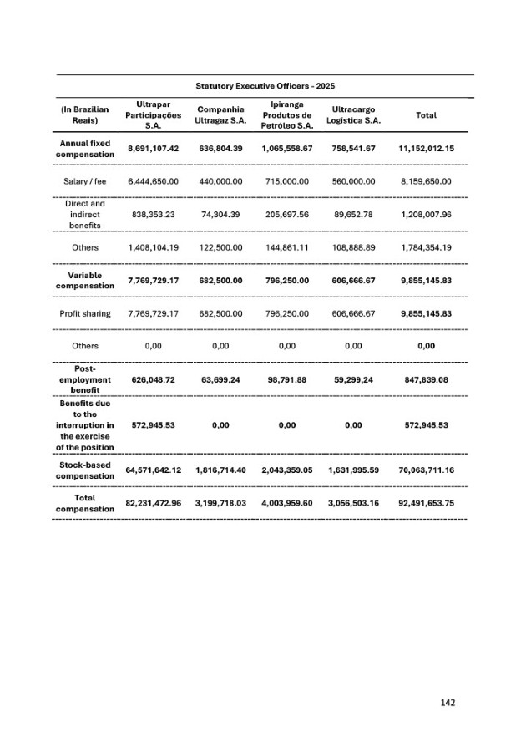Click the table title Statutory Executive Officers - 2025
(265, 86)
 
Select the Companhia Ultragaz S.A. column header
(220, 115)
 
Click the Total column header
(426, 115)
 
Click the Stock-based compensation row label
(83, 470)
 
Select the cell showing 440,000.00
(220, 181)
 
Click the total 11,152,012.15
(426, 149)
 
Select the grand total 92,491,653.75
(426, 503)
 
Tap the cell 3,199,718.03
(220, 503)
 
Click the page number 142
(448, 703)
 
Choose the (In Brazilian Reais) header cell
(83, 115)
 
